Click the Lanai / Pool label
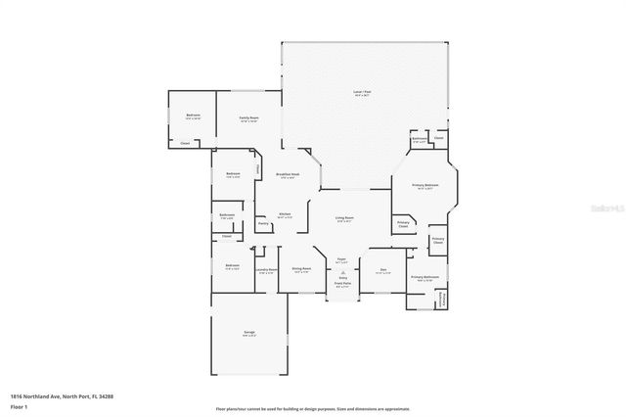[x=361, y=93]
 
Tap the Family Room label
[x=249, y=117]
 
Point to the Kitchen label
[x=285, y=214]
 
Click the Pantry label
[x=263, y=224]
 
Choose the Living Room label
[x=344, y=218]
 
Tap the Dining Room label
[x=301, y=268]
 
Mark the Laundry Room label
[x=266, y=270]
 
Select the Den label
[x=383, y=270]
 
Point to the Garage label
[x=249, y=334]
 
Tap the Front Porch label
[x=342, y=284]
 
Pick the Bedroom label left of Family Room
[x=194, y=116]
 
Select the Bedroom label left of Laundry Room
[x=233, y=265]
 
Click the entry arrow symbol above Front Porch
[x=342, y=275]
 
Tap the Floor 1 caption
[x=19, y=408]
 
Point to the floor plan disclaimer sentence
[x=313, y=408]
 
